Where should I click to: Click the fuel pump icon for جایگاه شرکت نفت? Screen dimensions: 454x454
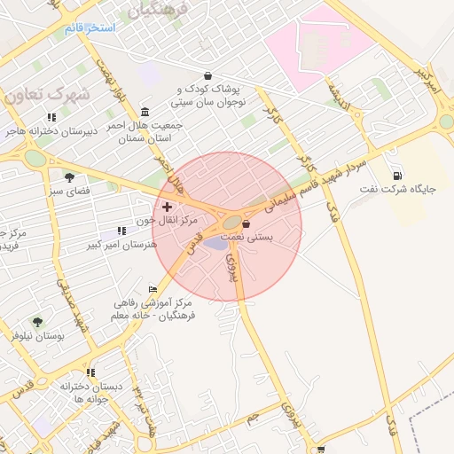[x=396, y=175]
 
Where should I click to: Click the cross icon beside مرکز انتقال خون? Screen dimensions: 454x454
[x=167, y=206]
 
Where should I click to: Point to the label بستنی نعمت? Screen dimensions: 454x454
[x=271, y=238]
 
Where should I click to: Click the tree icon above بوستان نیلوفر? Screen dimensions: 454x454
[x=36, y=322]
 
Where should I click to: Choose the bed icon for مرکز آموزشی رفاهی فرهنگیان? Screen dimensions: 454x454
[x=153, y=289]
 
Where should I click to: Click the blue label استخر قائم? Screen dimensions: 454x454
[x=90, y=28]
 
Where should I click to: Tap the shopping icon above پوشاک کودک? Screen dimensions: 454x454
[x=207, y=75]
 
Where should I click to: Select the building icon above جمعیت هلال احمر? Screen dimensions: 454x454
[x=145, y=111]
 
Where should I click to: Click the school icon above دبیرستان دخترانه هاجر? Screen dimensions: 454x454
[x=51, y=117]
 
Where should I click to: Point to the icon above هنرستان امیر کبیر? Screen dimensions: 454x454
[x=121, y=231]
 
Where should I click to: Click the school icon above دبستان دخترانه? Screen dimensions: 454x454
[x=90, y=372]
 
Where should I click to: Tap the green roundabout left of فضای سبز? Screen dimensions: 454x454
[x=35, y=158]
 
